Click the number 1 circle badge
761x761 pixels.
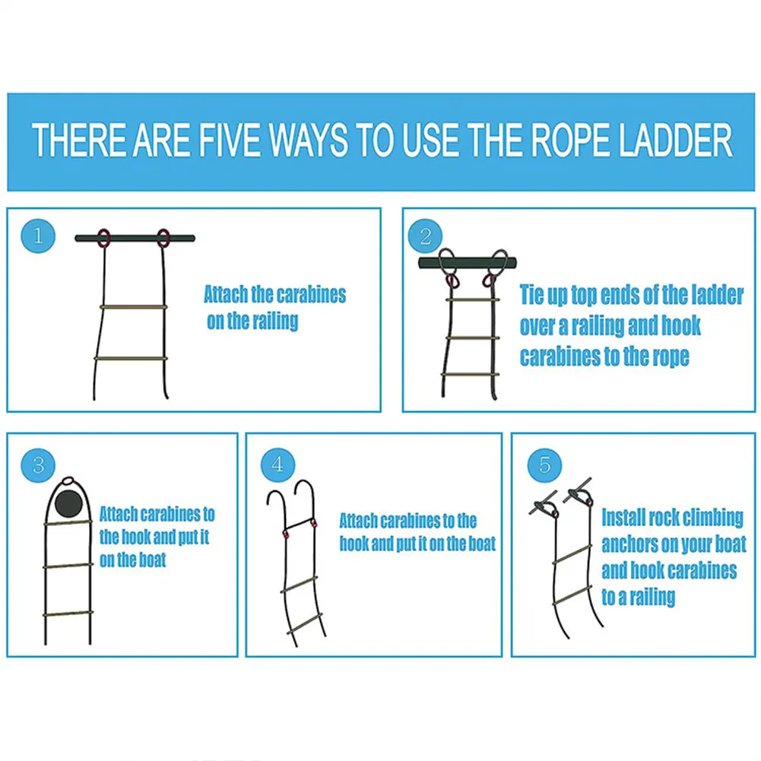[39, 238]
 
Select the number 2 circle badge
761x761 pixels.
[425, 237]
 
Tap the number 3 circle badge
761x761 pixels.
[38, 463]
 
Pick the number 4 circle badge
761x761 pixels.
[277, 465]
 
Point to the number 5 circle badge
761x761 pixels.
[544, 464]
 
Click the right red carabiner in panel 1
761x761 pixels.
[163, 238]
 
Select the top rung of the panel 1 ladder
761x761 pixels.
[133, 306]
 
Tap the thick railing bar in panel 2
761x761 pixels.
[467, 262]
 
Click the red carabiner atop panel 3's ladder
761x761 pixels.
[68, 480]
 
